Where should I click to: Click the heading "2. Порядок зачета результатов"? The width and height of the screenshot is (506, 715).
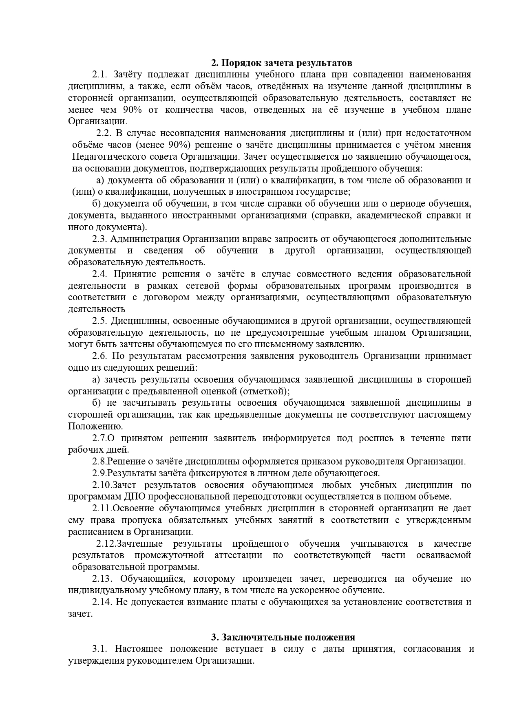click(281, 63)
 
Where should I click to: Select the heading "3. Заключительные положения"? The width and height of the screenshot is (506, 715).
click(283, 637)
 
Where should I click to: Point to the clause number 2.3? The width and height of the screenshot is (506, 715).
click(99, 239)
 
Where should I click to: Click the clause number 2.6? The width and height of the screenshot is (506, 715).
click(99, 356)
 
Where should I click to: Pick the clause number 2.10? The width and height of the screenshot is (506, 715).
click(102, 485)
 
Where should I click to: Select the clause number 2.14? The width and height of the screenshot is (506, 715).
click(102, 602)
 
